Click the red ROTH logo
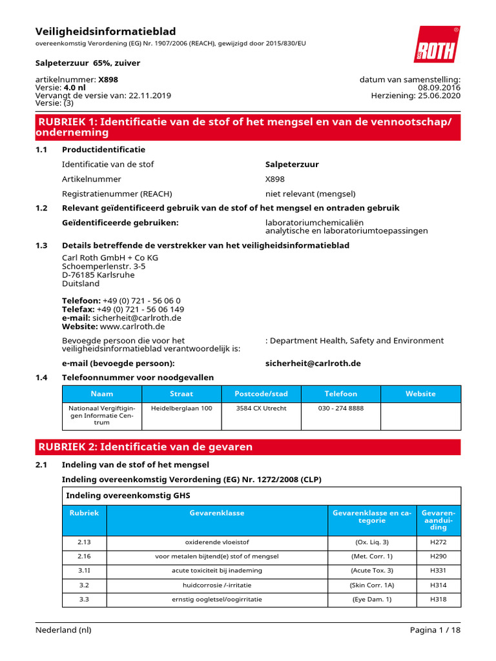pyautogui.click(x=437, y=45)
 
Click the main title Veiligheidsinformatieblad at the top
pyautogui.click(x=105, y=32)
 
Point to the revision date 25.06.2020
pyautogui.click(x=438, y=96)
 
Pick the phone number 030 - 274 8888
pyautogui.click(x=340, y=409)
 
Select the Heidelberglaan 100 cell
pyautogui.click(x=181, y=409)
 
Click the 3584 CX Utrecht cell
pyautogui.click(x=262, y=409)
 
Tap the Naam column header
pyautogui.click(x=101, y=394)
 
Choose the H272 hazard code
pyautogui.click(x=438, y=542)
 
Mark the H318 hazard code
pyautogui.click(x=438, y=600)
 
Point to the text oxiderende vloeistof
pyautogui.click(x=217, y=542)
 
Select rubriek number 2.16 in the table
pyautogui.click(x=85, y=556)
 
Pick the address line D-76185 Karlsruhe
pyautogui.click(x=98, y=274)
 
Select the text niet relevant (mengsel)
pyautogui.click(x=310, y=194)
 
